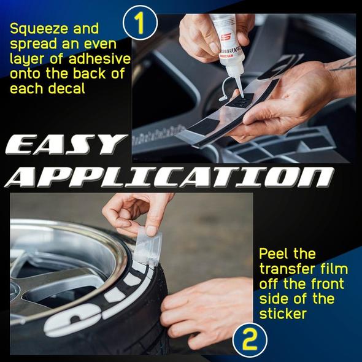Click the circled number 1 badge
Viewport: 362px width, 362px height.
pos(140,23)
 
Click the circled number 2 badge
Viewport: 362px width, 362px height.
pos(250,340)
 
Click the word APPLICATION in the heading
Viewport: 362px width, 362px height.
pos(169,177)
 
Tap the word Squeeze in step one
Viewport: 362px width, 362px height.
pos(38,29)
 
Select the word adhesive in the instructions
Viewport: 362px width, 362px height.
pos(100,59)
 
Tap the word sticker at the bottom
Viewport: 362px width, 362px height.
pos(283,314)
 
